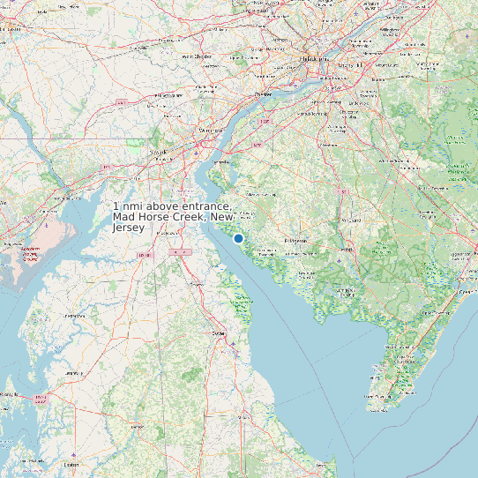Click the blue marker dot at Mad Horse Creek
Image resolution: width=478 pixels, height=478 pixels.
click(238, 238)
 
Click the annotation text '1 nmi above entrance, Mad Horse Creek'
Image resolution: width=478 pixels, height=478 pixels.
click(174, 217)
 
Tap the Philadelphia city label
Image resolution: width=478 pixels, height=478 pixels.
click(313, 59)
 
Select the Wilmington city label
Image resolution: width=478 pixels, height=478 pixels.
click(211, 130)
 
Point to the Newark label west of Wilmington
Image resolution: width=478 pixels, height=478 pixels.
click(159, 152)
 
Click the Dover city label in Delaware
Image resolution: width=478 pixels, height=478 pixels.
click(219, 333)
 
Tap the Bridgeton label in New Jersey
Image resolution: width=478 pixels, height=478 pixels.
click(295, 241)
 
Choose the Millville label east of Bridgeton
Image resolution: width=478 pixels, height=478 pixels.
click(347, 249)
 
